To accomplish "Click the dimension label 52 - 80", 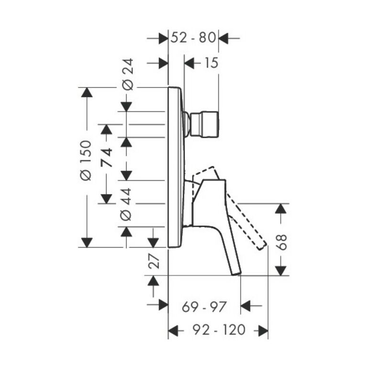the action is point(193,38).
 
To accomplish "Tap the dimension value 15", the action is point(211,63).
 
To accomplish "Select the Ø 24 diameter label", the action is point(127,75).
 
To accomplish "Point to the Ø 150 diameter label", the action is point(86,161).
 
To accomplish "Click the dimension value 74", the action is point(107,157).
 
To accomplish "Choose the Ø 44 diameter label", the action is point(126,204).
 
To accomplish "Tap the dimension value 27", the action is point(154,261).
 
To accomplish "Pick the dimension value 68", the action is point(281,242).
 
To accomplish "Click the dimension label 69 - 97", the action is point(204,307).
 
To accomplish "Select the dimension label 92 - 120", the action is point(219,330).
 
